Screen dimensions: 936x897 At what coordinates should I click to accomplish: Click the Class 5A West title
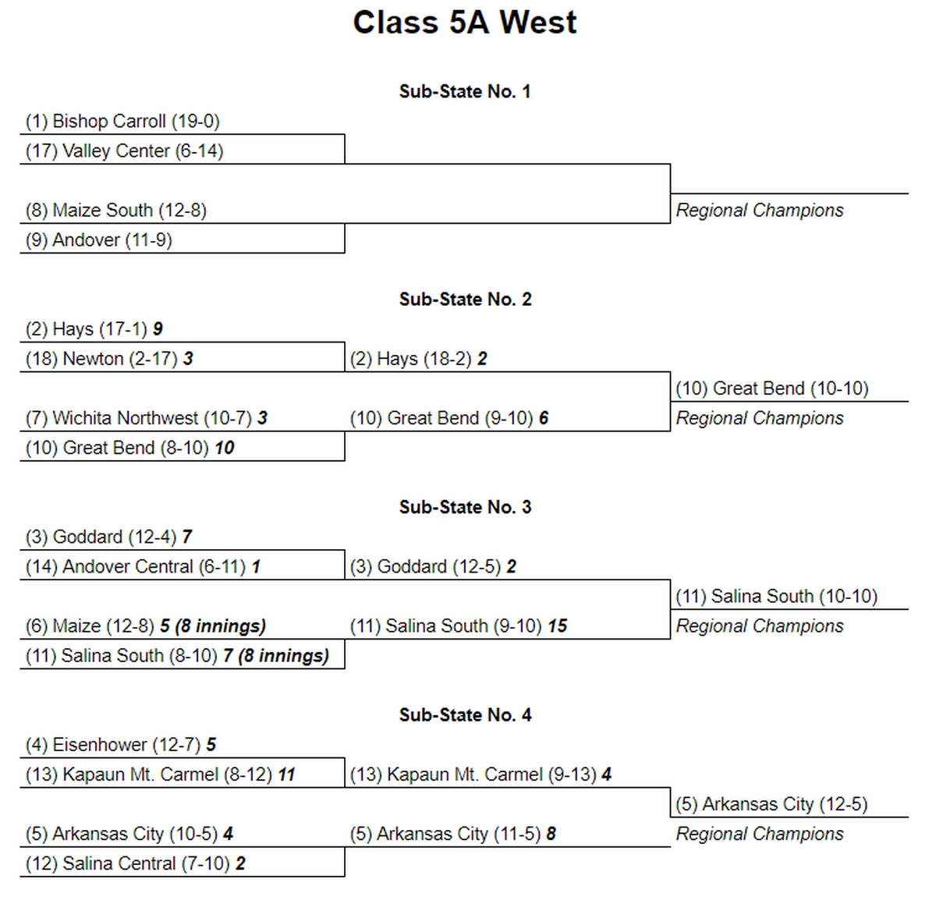click(465, 22)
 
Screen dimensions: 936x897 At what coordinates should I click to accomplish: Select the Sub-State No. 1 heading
click(465, 91)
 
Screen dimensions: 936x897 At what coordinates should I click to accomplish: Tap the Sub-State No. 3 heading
click(465, 507)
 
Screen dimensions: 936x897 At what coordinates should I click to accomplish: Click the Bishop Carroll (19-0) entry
click(122, 121)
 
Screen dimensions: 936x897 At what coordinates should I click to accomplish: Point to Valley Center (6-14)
click(125, 151)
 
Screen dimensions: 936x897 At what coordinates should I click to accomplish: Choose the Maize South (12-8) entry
click(116, 210)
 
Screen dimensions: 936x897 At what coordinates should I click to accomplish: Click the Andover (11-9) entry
click(98, 240)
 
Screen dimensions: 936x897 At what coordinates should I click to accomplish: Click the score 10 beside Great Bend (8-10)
click(224, 448)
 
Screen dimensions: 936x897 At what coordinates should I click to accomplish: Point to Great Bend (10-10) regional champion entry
click(772, 388)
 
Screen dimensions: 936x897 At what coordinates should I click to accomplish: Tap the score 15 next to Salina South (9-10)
click(558, 626)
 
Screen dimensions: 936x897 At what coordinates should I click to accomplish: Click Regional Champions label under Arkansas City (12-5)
click(760, 834)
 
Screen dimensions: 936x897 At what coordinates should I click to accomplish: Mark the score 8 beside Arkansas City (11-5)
click(551, 834)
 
